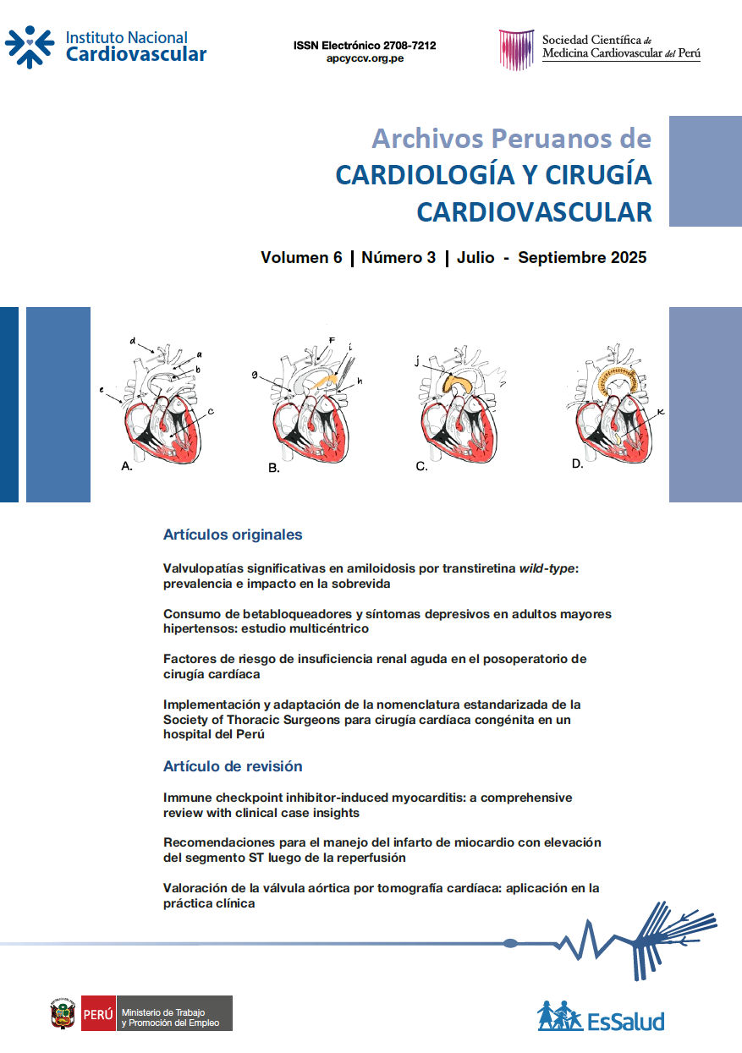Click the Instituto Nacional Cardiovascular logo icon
tap(30, 47)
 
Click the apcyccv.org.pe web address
tap(365, 59)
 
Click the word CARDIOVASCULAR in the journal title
tap(534, 211)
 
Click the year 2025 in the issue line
tap(628, 258)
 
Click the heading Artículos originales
tap(233, 535)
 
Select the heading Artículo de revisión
tap(233, 766)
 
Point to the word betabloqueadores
tap(291, 613)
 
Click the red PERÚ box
tap(98, 1013)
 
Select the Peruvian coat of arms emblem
tap(63, 1013)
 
